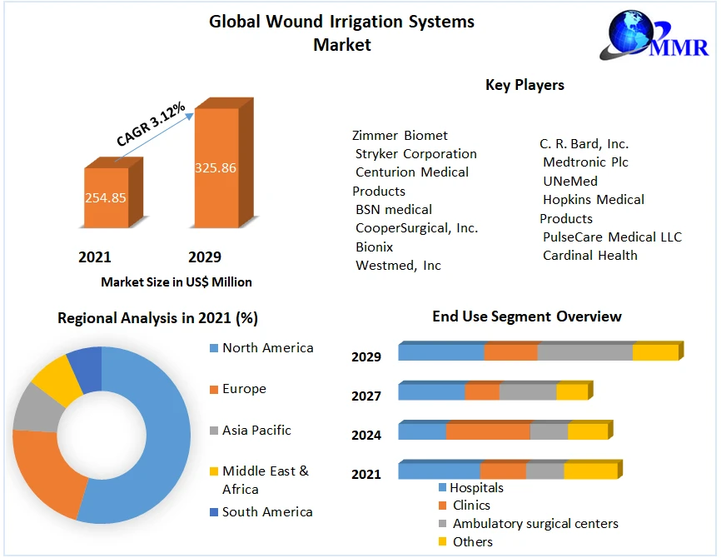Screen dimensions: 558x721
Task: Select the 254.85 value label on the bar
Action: coord(106,198)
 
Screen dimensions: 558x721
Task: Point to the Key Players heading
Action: coord(525,85)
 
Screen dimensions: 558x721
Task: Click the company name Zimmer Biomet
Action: coord(400,135)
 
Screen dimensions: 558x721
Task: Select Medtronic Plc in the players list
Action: coord(585,162)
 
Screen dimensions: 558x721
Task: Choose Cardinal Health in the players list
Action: coord(589,256)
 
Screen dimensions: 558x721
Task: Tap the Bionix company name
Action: coord(374,247)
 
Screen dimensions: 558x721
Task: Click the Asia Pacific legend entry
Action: coord(256,431)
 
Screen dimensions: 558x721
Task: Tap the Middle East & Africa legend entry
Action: coord(265,480)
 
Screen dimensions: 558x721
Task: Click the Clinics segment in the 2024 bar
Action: coord(488,431)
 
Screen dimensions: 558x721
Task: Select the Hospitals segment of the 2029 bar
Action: coord(441,352)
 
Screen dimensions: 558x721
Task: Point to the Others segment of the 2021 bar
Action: coord(590,471)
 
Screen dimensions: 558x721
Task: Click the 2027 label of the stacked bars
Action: coord(366,396)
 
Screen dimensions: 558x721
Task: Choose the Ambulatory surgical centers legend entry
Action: coord(535,524)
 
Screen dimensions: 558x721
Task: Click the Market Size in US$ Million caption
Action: coord(177,282)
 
